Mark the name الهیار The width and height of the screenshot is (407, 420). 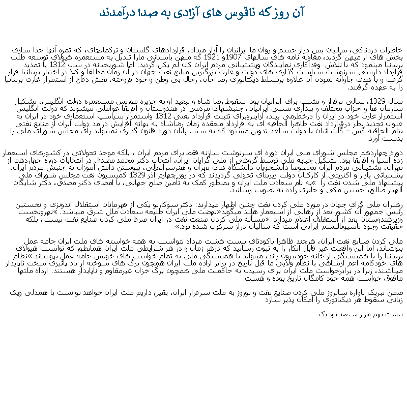coord(390,190)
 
